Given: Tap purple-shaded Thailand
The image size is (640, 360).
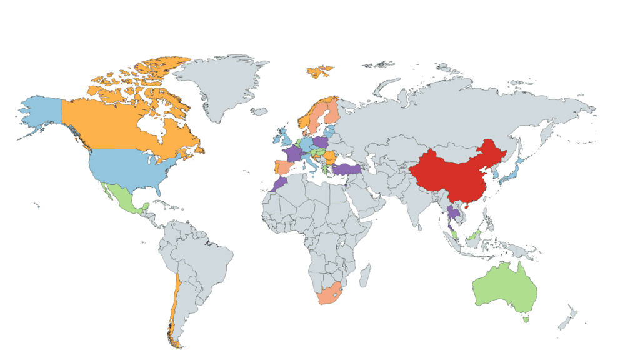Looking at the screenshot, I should coord(454,216).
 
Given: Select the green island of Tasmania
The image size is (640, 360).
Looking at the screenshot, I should coord(526,319).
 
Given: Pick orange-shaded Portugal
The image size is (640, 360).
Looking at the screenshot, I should coord(274,168).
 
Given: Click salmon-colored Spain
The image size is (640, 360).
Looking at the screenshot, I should coord(283,168).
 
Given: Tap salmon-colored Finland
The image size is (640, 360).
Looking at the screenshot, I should coord(332,112).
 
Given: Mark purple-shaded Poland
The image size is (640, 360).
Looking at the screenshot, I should coord(321,142).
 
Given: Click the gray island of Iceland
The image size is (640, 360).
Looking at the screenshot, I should coord(260,111).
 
